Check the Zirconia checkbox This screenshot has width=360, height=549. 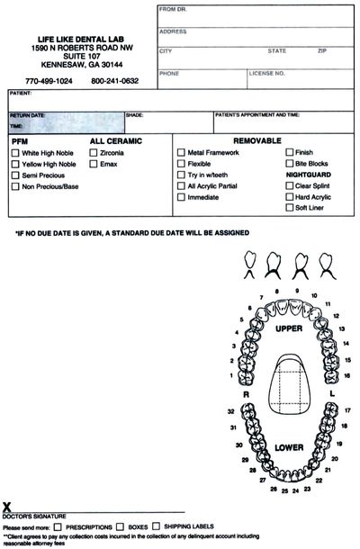[x=94, y=154]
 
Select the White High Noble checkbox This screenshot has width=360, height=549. [x=15, y=154]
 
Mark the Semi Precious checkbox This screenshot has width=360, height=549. [x=15, y=175]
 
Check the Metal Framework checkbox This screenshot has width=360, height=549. [x=181, y=153]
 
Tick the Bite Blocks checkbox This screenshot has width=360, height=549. [x=288, y=164]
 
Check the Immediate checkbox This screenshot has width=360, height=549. [x=181, y=196]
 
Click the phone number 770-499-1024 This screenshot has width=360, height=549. [x=49, y=81]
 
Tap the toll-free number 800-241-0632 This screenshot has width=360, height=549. [x=114, y=81]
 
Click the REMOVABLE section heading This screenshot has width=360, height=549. [x=257, y=141]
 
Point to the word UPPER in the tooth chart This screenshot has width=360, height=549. [x=288, y=329]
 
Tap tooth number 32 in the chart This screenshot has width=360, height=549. [x=231, y=410]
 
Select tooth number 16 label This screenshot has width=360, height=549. [x=346, y=374]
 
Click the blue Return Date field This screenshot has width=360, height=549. [x=63, y=122]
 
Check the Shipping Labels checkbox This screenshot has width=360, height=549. [x=157, y=526]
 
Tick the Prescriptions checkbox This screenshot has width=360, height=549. [x=58, y=526]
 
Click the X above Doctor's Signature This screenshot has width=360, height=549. [x=6, y=508]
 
